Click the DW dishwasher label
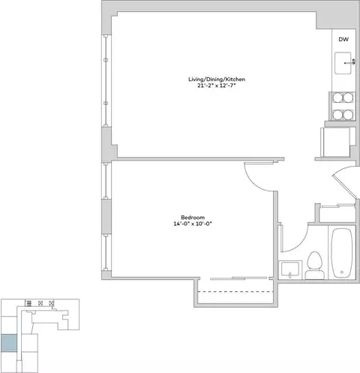pos(343,39)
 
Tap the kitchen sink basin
pos(343,63)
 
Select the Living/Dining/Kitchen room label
pos(217,80)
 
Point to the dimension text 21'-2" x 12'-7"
pos(217,86)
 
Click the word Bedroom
pos(193,218)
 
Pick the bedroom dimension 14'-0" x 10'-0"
pos(193,224)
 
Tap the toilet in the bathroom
pos(314,266)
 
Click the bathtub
pos(342,253)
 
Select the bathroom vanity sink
pos(290,269)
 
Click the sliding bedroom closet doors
pos(238,278)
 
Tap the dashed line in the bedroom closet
pos(235,292)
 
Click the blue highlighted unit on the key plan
pos(9,343)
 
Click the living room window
pos(106,81)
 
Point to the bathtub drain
pos(342,272)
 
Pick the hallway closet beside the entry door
pos(337,214)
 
